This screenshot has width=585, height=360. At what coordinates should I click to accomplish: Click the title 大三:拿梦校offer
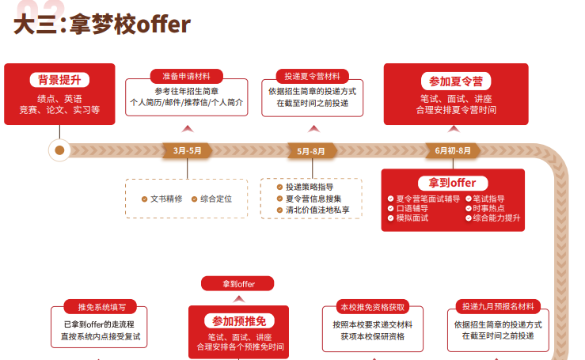[x=102, y=24]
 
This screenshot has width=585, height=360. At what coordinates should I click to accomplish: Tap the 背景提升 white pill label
[x=59, y=80]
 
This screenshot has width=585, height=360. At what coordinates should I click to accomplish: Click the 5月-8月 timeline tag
[x=311, y=150]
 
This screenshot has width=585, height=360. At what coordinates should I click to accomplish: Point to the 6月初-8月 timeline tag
[x=452, y=150]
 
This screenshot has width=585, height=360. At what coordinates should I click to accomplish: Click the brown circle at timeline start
[x=59, y=150]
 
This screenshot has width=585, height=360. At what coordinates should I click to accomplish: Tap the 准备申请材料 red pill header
[x=187, y=76]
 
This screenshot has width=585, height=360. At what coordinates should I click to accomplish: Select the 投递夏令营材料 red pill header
[x=312, y=76]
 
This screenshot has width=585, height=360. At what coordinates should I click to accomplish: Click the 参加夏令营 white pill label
[x=455, y=81]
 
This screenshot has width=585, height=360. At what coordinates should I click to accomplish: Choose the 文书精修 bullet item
[x=162, y=199]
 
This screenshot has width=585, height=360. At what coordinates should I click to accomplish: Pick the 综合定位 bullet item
[x=212, y=199]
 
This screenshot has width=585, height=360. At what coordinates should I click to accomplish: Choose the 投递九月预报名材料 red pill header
[x=498, y=306]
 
